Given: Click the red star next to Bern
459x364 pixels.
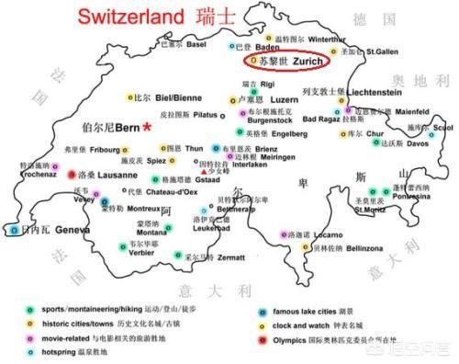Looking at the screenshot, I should coord(147,127).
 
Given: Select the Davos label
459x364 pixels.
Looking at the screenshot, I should coord(418,144).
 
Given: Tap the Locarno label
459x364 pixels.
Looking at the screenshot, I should coord(328,236).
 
